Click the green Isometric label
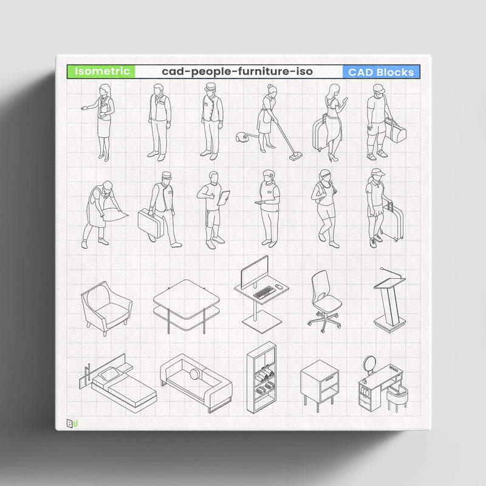[x=101, y=72]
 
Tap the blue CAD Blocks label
[x=381, y=72]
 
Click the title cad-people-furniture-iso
[x=238, y=72]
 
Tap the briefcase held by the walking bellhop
[x=149, y=224]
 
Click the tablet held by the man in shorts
[x=224, y=198]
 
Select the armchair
[x=106, y=307]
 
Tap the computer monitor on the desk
[x=255, y=272]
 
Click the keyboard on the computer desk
[x=264, y=293]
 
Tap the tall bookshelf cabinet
[x=262, y=377]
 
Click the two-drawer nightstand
[x=318, y=382]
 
